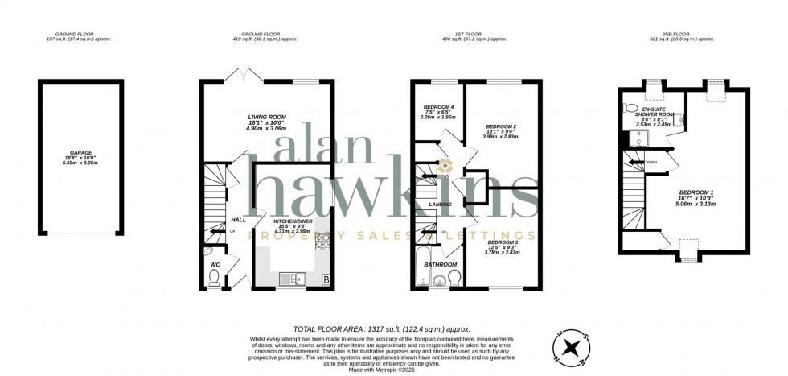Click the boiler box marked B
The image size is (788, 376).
(x=326, y=280)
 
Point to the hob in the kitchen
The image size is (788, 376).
(x=324, y=241)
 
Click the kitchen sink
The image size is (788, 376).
(x=289, y=279)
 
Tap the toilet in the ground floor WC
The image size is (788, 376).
(x=214, y=278)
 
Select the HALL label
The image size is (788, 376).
(x=216, y=219)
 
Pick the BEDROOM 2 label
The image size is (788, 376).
(x=501, y=127)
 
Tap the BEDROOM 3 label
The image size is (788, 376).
(x=503, y=242)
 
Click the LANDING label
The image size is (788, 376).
(x=440, y=205)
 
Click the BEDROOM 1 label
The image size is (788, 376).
(x=696, y=192)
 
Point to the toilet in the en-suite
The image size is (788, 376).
(x=631, y=108)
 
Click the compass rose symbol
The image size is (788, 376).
(x=573, y=347)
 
